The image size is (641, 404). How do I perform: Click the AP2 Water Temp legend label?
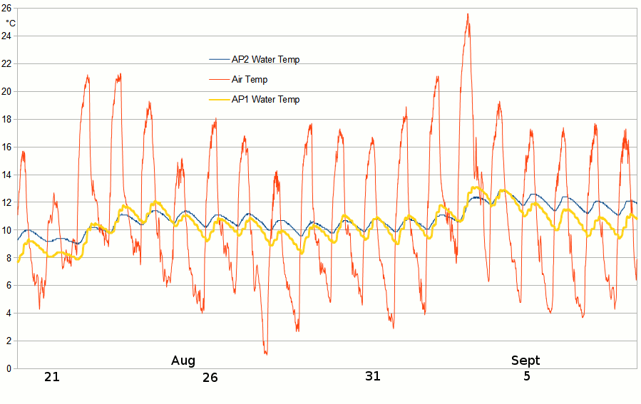[265, 60]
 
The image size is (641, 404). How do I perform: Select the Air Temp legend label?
[250, 80]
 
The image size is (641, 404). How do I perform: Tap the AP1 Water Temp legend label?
[265, 100]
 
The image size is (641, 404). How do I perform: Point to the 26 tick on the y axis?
[6, 8]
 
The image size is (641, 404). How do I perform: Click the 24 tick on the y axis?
[6, 36]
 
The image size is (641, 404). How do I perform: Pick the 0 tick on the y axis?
[9, 368]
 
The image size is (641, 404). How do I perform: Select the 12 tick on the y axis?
[6, 202]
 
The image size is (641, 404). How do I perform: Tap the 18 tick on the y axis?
[6, 119]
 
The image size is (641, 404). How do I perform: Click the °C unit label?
[11, 23]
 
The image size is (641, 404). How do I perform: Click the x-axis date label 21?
[51, 377]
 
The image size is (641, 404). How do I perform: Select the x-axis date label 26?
[210, 378]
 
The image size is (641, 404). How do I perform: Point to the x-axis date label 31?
[373, 376]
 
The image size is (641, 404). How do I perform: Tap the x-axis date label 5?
[527, 376]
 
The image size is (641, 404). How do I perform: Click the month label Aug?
[183, 361]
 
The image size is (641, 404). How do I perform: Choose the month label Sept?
[525, 361]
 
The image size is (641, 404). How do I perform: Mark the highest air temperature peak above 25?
[468, 14]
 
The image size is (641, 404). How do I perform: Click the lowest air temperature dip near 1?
[266, 353]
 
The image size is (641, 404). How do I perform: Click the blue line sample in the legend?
[218, 60]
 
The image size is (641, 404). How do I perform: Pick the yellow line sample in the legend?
[218, 100]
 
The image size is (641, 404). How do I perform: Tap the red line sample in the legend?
[218, 80]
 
